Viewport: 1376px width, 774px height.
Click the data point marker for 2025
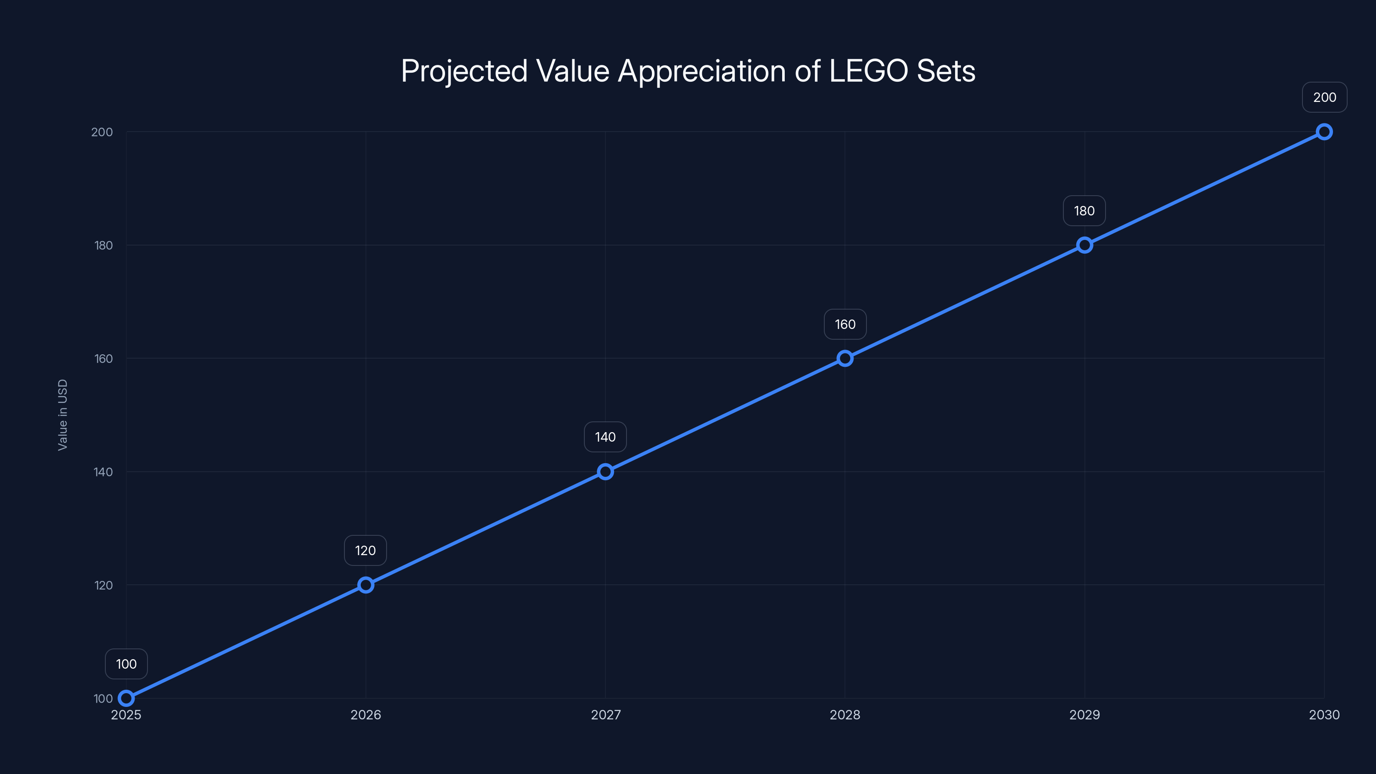tap(126, 698)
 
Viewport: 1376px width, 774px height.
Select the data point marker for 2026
tap(365, 585)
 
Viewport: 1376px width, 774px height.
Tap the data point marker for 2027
tap(605, 472)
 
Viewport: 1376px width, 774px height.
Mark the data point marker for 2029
tap(1084, 245)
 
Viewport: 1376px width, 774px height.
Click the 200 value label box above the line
tap(1324, 97)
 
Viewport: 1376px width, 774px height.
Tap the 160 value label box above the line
tap(845, 324)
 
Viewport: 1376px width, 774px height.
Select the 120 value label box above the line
tap(365, 551)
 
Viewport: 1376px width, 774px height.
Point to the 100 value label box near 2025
tap(126, 664)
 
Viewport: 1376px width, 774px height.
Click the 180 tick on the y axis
tap(104, 245)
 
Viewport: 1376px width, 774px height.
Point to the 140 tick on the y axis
tap(104, 472)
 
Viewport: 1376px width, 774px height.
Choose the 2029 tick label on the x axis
tap(1084, 715)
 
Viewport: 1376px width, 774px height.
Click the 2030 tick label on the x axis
tap(1324, 715)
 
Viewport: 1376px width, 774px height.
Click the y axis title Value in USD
tap(62, 415)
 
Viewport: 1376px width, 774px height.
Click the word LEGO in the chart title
tap(868, 71)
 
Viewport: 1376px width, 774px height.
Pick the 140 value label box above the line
tap(605, 437)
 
